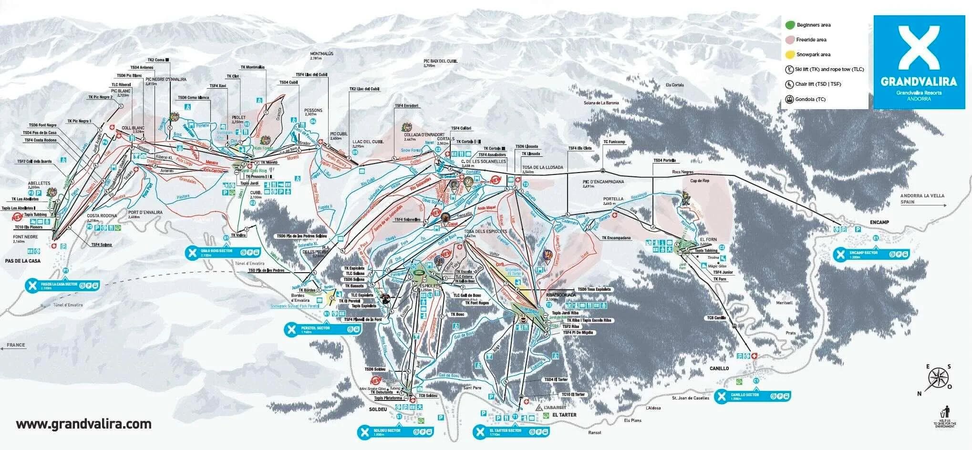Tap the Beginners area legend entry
point(813,25)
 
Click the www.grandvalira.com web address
point(83,424)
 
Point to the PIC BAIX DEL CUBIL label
point(440,62)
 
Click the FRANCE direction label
point(16,345)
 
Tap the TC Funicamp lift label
point(614,142)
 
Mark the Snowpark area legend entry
point(813,54)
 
